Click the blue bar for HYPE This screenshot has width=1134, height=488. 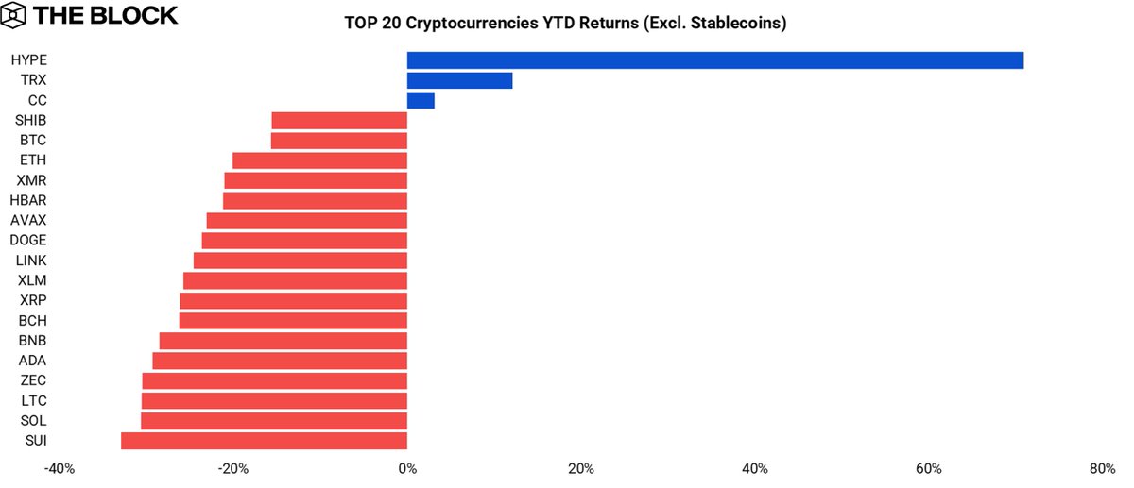[715, 60]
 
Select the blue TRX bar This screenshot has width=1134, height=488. [459, 80]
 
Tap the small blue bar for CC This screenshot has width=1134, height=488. [421, 100]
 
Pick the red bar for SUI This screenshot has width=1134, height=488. [264, 441]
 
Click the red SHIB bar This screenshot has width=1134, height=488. [339, 121]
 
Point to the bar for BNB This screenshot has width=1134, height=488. [283, 341]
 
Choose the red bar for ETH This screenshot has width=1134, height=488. [319, 160]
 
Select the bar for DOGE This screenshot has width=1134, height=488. [304, 241]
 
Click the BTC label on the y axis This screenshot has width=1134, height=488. [32, 141]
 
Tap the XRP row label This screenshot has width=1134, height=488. [32, 300]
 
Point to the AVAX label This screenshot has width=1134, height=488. [28, 221]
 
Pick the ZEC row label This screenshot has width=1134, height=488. [32, 380]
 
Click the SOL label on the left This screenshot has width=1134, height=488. [32, 420]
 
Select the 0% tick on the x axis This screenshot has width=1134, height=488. [407, 469]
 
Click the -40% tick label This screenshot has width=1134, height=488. [60, 469]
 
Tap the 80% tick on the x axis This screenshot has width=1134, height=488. [1102, 469]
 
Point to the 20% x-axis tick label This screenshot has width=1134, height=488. [581, 469]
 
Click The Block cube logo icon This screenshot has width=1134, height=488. [17, 15]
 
